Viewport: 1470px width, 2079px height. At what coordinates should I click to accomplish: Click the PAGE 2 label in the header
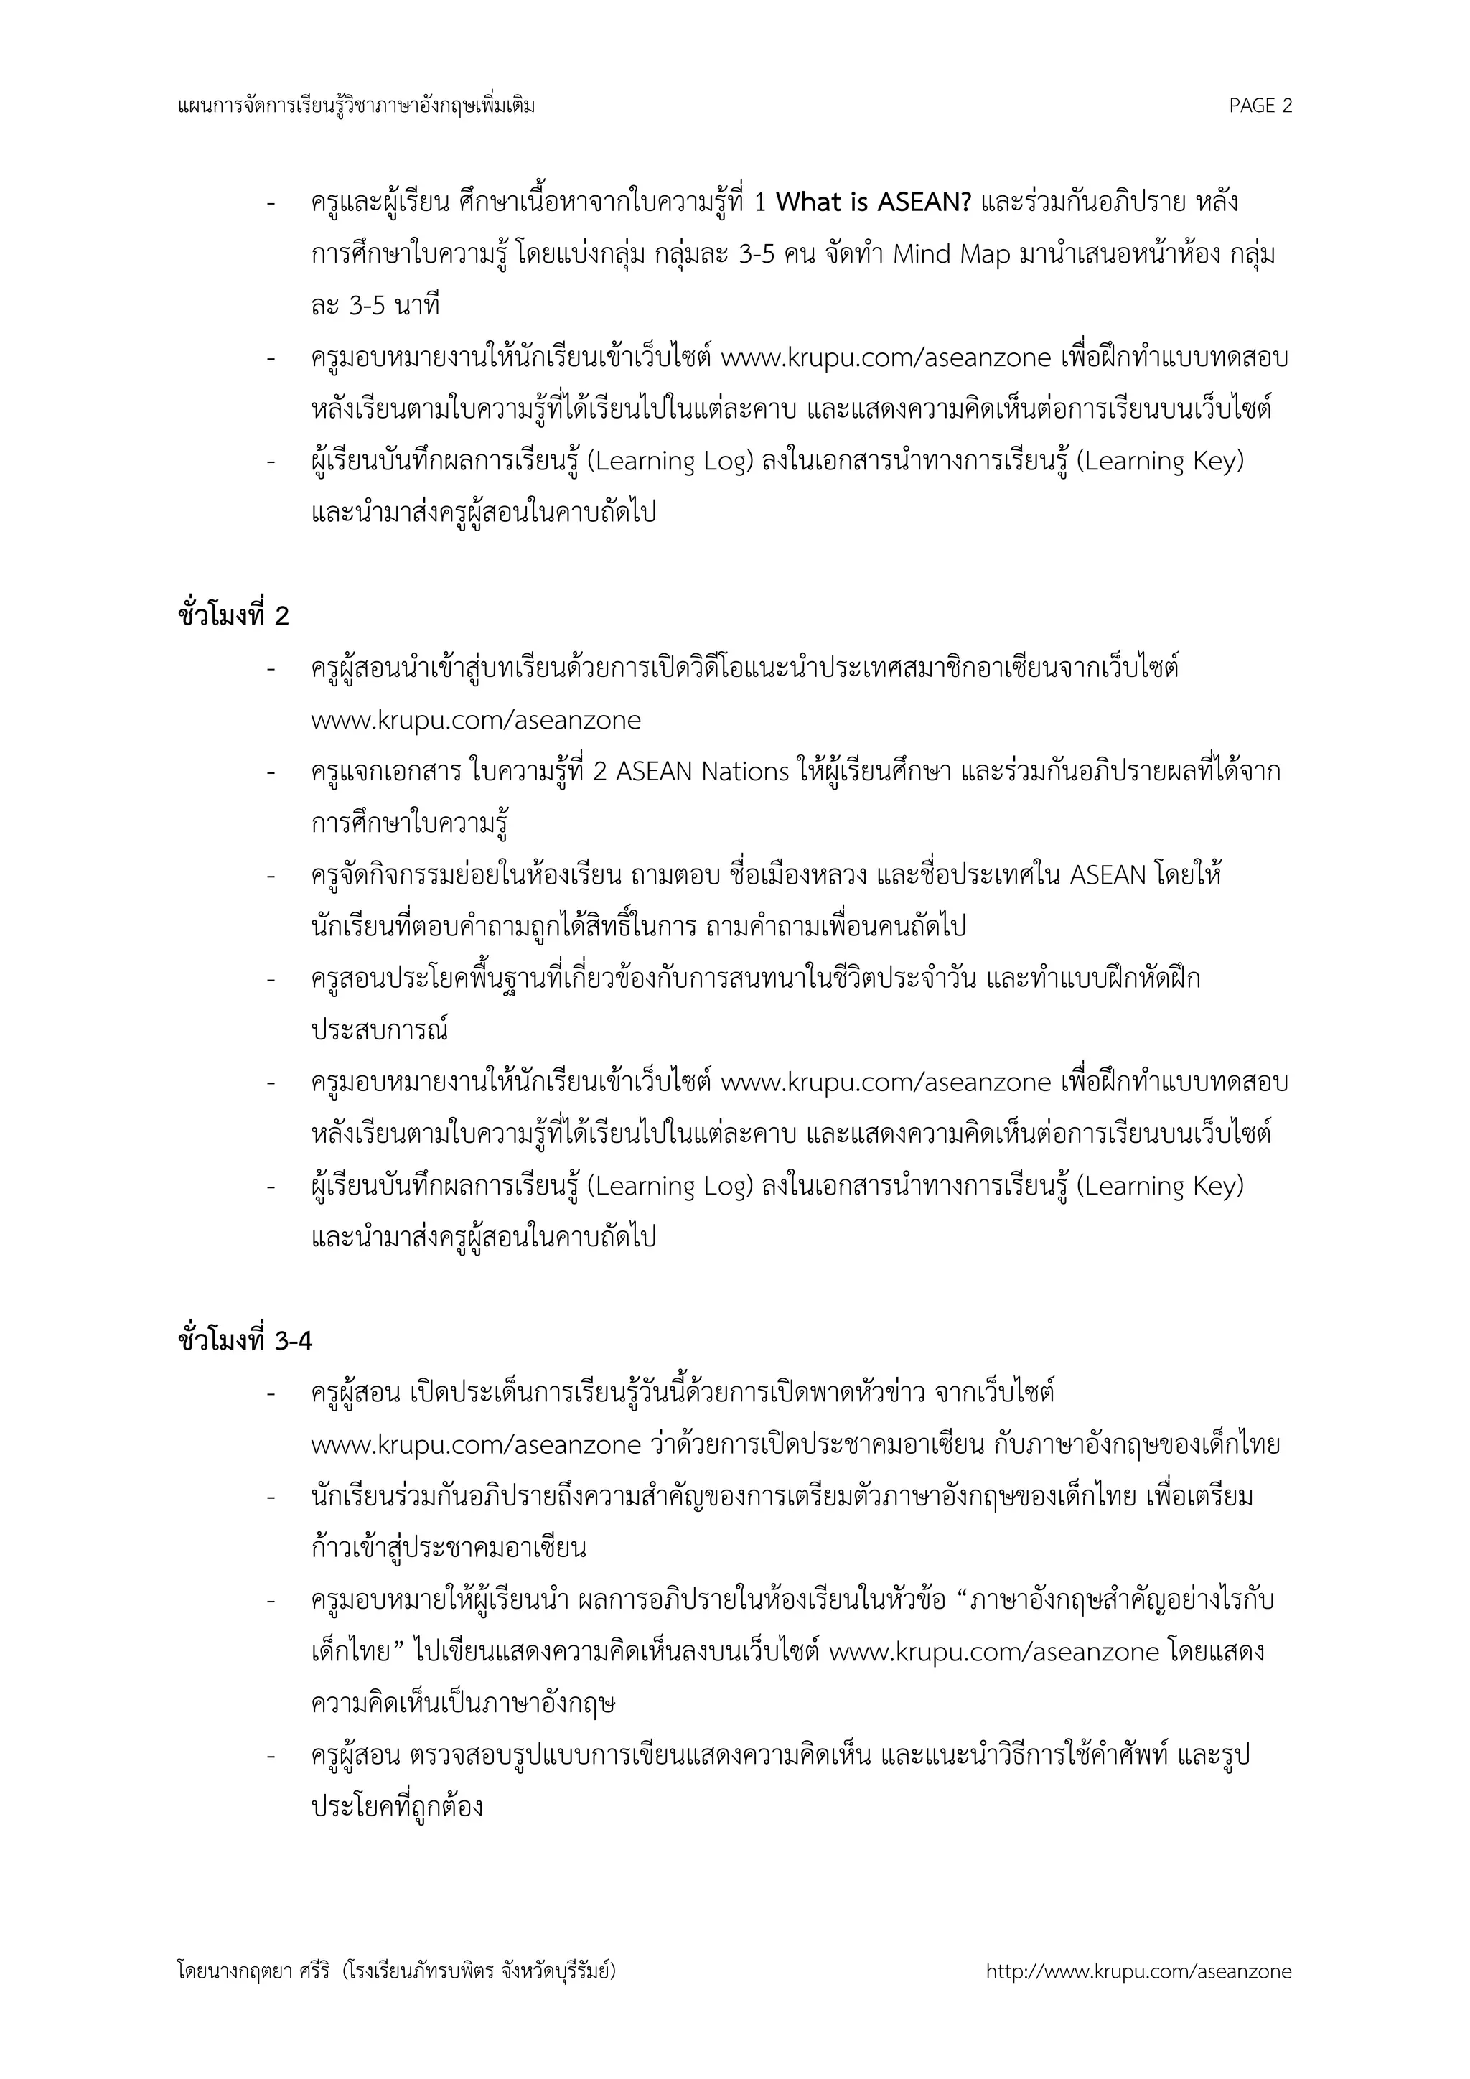click(x=1260, y=106)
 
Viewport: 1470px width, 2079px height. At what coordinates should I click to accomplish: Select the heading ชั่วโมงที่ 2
click(x=233, y=617)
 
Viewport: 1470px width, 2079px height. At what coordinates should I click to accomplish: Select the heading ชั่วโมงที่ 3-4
click(x=245, y=1341)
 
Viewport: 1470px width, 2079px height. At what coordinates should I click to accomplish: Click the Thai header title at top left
click(x=357, y=106)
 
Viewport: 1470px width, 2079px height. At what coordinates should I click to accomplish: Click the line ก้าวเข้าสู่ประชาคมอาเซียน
click(x=448, y=1548)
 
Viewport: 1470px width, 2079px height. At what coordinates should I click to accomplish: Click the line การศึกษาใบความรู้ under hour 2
click(x=409, y=825)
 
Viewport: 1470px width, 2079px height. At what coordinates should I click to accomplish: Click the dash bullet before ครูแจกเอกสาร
click(x=271, y=772)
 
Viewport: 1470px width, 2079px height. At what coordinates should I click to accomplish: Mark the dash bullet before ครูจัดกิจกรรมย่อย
click(x=271, y=877)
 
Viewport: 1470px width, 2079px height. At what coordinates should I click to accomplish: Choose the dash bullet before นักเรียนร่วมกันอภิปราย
click(x=271, y=1497)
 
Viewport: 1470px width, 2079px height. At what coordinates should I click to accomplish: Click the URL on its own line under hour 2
click(x=476, y=721)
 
